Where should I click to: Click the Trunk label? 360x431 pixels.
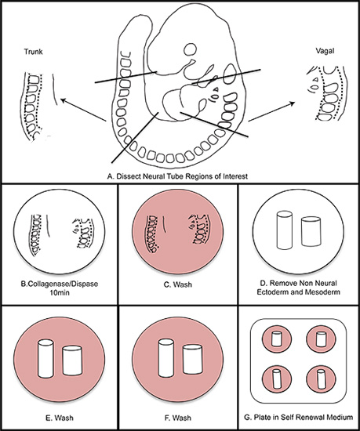click(33, 52)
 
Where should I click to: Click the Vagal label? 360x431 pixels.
click(325, 51)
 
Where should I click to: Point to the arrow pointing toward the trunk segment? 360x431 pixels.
click(83, 110)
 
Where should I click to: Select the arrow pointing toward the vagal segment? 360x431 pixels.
click(271, 111)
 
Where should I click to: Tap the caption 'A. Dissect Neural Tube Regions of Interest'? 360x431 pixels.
click(177, 176)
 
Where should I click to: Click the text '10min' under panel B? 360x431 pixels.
click(60, 293)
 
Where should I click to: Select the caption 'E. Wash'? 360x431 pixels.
click(60, 418)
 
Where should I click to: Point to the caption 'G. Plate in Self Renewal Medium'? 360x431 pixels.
click(298, 417)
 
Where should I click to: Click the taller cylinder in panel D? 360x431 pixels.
click(285, 230)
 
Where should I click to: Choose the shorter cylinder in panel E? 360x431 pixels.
click(72, 360)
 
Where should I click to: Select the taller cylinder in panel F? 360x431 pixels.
click(166, 358)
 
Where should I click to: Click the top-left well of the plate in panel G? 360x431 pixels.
click(277, 339)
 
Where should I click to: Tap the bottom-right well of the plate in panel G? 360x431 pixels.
click(321, 379)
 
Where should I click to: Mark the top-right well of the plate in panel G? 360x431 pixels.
click(321, 339)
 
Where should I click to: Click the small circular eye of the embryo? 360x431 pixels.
click(191, 49)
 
